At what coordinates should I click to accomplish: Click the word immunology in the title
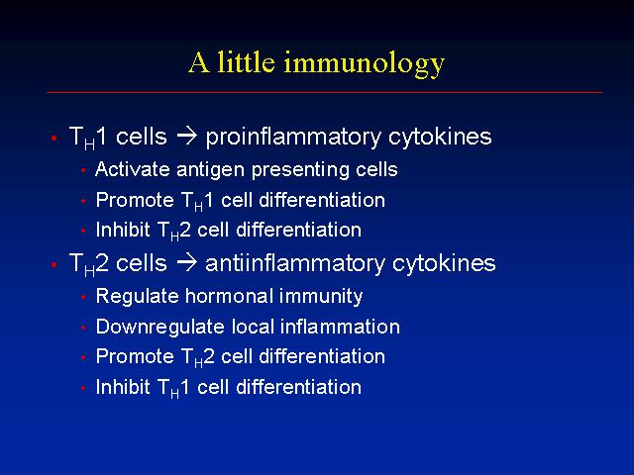[364, 64]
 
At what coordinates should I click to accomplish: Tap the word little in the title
[246, 61]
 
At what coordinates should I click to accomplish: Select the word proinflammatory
[293, 138]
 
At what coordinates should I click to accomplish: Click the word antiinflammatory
[295, 264]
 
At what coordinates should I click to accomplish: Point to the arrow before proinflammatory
[187, 137]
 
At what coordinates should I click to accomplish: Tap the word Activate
[132, 169]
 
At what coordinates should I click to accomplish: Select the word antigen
[211, 170]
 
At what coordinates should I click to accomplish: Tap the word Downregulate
[160, 328]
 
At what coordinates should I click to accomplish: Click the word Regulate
[137, 297]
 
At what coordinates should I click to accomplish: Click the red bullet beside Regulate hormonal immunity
[83, 297]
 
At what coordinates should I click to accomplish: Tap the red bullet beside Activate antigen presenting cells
[83, 170]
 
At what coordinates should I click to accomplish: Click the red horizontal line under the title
[324, 92]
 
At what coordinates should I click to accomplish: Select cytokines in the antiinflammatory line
[444, 264]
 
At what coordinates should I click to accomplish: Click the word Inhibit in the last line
[123, 387]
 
